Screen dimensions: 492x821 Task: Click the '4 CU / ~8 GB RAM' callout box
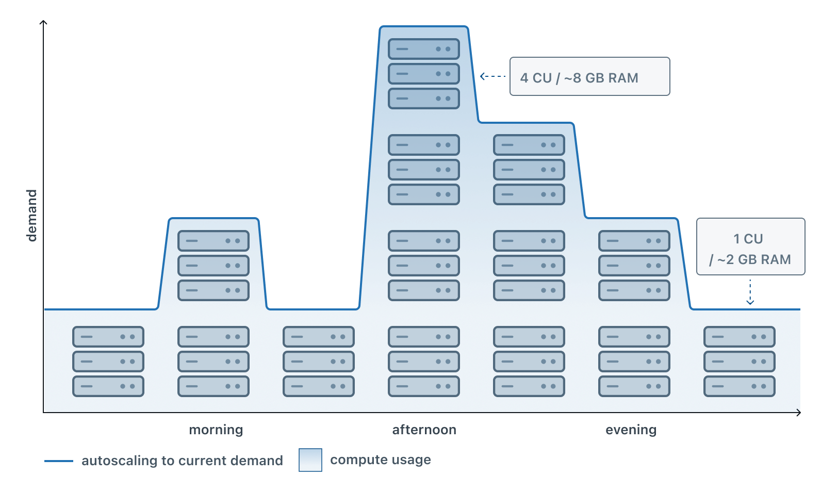tap(589, 77)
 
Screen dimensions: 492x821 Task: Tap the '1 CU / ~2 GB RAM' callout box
tap(750, 247)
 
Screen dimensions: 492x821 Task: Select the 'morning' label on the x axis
tap(216, 430)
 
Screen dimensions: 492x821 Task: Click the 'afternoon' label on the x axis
tap(424, 430)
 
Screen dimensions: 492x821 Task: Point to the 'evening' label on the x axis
tap(631, 430)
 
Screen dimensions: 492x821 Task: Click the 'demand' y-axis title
tap(31, 216)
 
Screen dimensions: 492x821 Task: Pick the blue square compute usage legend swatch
tap(310, 460)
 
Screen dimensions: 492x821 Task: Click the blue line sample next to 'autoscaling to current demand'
tap(59, 461)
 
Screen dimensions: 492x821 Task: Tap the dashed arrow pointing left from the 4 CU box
tap(492, 76)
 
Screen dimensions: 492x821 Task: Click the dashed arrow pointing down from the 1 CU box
tap(750, 292)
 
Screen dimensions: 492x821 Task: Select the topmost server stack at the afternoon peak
tap(424, 74)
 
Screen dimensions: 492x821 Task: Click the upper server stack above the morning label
tap(214, 266)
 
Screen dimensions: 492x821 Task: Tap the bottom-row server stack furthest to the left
tap(108, 362)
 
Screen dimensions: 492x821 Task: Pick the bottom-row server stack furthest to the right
tap(740, 362)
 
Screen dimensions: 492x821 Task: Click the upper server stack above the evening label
tap(634, 266)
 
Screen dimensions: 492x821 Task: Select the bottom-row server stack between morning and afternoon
tap(319, 362)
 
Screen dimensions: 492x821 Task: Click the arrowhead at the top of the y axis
tap(44, 23)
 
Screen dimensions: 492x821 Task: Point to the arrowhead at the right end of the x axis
tap(798, 412)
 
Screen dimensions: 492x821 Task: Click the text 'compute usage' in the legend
tap(380, 460)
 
